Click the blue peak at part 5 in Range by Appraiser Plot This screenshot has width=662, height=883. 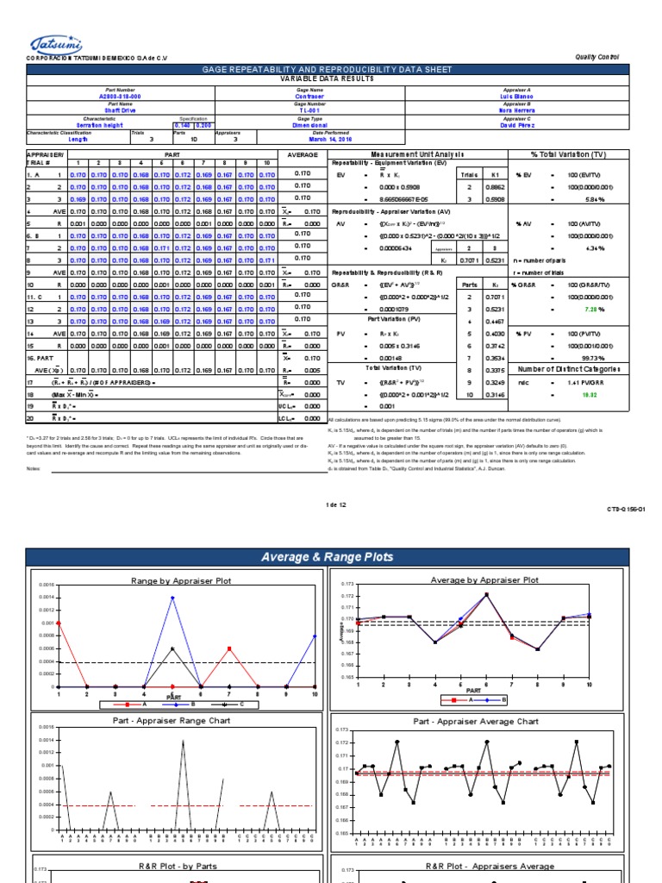point(172,597)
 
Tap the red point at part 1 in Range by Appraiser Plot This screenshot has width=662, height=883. point(59,623)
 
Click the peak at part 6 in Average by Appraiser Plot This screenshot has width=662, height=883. point(487,594)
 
